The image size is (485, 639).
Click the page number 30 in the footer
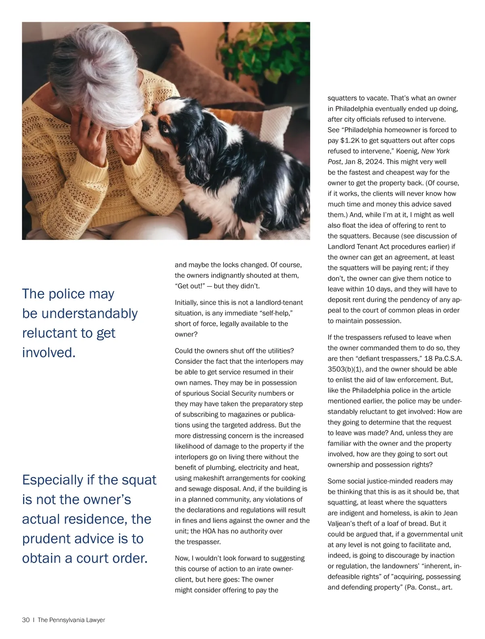[x=26, y=620]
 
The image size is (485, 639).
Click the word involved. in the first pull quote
[x=49, y=353]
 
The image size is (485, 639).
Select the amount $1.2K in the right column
[x=351, y=141]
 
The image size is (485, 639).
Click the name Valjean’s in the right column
[x=343, y=523]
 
